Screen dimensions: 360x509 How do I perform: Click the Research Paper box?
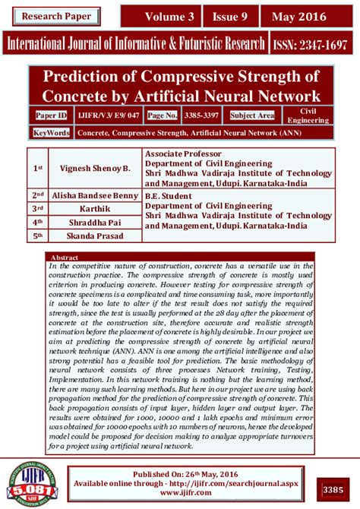click(56, 16)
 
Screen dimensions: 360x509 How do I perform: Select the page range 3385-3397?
click(203, 115)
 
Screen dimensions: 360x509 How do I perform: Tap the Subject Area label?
click(252, 115)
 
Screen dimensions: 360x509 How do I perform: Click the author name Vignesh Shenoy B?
click(101, 166)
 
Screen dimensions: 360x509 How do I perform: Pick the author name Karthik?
click(102, 208)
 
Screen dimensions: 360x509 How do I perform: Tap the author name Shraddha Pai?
click(102, 222)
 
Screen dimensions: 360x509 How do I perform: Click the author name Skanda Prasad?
click(102, 236)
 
